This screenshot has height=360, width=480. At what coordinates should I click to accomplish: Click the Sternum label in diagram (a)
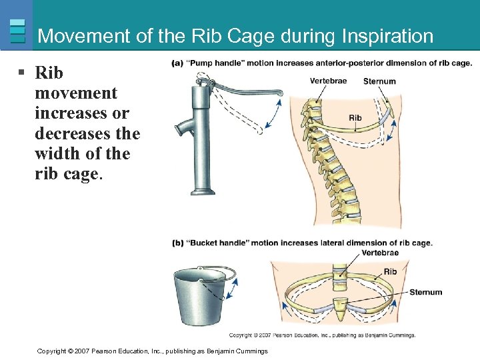pyautogui.click(x=379, y=81)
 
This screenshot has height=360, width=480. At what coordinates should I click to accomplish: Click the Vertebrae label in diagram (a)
pyautogui.click(x=328, y=81)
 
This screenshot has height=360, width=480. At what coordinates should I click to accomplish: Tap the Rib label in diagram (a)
pyautogui.click(x=355, y=118)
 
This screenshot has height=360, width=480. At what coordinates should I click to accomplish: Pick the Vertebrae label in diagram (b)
pyautogui.click(x=381, y=253)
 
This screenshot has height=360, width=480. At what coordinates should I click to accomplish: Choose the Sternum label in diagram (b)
pyautogui.click(x=425, y=292)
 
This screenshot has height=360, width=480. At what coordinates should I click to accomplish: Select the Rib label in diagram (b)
pyautogui.click(x=390, y=271)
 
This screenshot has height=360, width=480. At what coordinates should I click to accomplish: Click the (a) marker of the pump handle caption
pyautogui.click(x=177, y=63)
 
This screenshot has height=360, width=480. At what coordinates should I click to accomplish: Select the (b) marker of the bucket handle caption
pyautogui.click(x=177, y=243)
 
